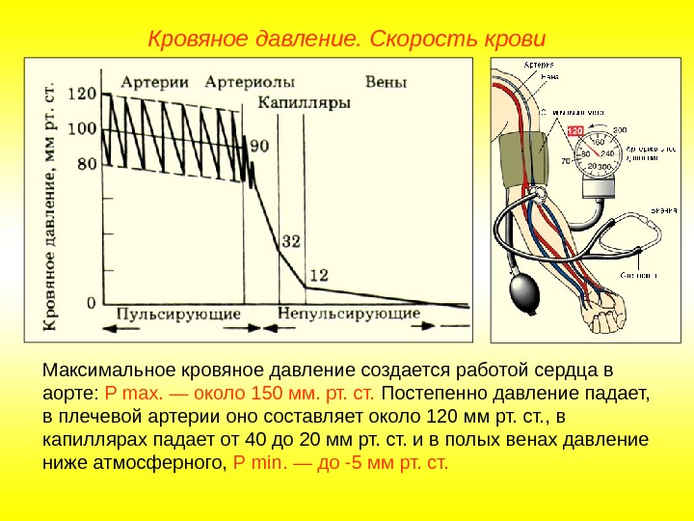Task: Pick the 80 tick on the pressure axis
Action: coord(87,164)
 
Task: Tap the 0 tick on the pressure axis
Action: coord(92,302)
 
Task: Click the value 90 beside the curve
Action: coord(259,147)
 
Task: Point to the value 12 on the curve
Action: coord(318,275)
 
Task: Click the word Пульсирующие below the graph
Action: coord(179,314)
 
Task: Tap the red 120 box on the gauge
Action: coord(574,131)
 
